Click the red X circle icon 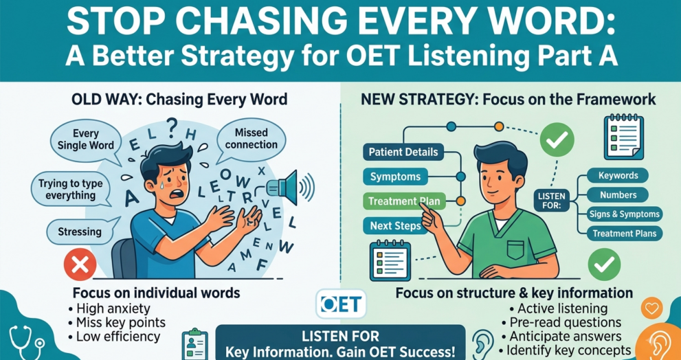pyautogui.click(x=80, y=265)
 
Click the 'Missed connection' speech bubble pyautogui.click(x=251, y=138)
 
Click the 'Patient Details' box pyautogui.click(x=403, y=153)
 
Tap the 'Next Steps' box pyautogui.click(x=395, y=226)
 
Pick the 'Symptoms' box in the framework pyautogui.click(x=395, y=177)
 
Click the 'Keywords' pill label pyautogui.click(x=618, y=175)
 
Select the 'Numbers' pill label pyautogui.click(x=618, y=195)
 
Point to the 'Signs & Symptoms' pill pyautogui.click(x=625, y=214)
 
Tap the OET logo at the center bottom pyautogui.click(x=342, y=304)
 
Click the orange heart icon pyautogui.click(x=651, y=308)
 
